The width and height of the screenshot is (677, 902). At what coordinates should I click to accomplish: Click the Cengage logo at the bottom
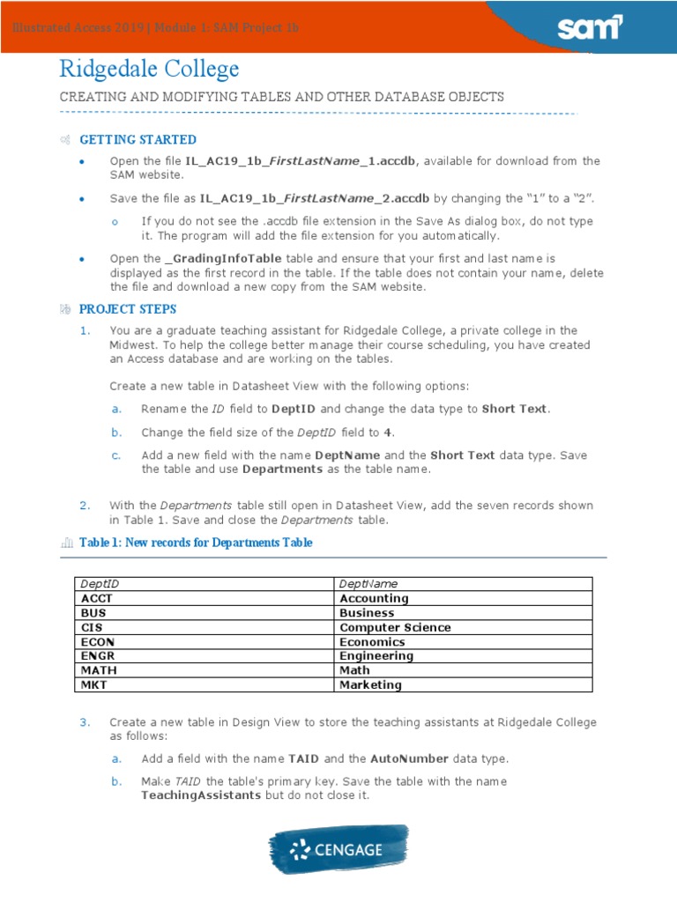pyautogui.click(x=338, y=850)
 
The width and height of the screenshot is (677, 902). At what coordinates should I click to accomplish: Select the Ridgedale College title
pyautogui.click(x=149, y=70)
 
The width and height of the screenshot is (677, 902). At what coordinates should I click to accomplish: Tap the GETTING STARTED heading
pyautogui.click(x=138, y=140)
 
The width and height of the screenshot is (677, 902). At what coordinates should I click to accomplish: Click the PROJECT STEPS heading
pyautogui.click(x=128, y=309)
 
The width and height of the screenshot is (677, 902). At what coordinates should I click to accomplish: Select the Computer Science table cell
pyautogui.click(x=395, y=627)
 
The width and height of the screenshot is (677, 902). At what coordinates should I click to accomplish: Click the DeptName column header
pyautogui.click(x=368, y=584)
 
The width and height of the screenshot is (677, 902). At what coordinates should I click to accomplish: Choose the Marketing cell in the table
pyautogui.click(x=370, y=684)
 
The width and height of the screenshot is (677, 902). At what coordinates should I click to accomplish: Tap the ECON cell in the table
pyautogui.click(x=98, y=642)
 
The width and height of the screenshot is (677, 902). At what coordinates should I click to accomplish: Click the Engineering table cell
pyautogui.click(x=376, y=656)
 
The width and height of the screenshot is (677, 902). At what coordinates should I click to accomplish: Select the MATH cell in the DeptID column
pyautogui.click(x=99, y=670)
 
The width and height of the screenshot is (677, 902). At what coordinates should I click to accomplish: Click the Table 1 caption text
pyautogui.click(x=196, y=543)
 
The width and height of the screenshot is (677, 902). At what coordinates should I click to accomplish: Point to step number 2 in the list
pyautogui.click(x=85, y=506)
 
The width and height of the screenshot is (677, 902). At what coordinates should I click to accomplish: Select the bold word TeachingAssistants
pyautogui.click(x=200, y=795)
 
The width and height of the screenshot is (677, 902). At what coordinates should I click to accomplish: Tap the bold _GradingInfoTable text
pyautogui.click(x=224, y=259)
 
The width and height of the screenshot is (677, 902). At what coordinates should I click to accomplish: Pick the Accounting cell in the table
pyautogui.click(x=374, y=599)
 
